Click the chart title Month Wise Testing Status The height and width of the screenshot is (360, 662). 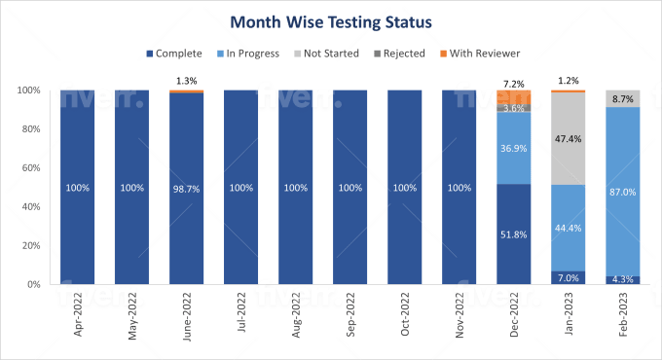tap(330, 19)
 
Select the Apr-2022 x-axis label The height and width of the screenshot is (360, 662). tap(79, 316)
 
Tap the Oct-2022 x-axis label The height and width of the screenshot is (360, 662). tap(406, 316)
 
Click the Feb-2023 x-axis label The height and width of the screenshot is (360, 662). tap(623, 316)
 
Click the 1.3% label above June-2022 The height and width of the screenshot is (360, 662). tap(186, 80)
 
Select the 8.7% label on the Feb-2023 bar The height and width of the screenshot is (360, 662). tap(622, 99)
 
